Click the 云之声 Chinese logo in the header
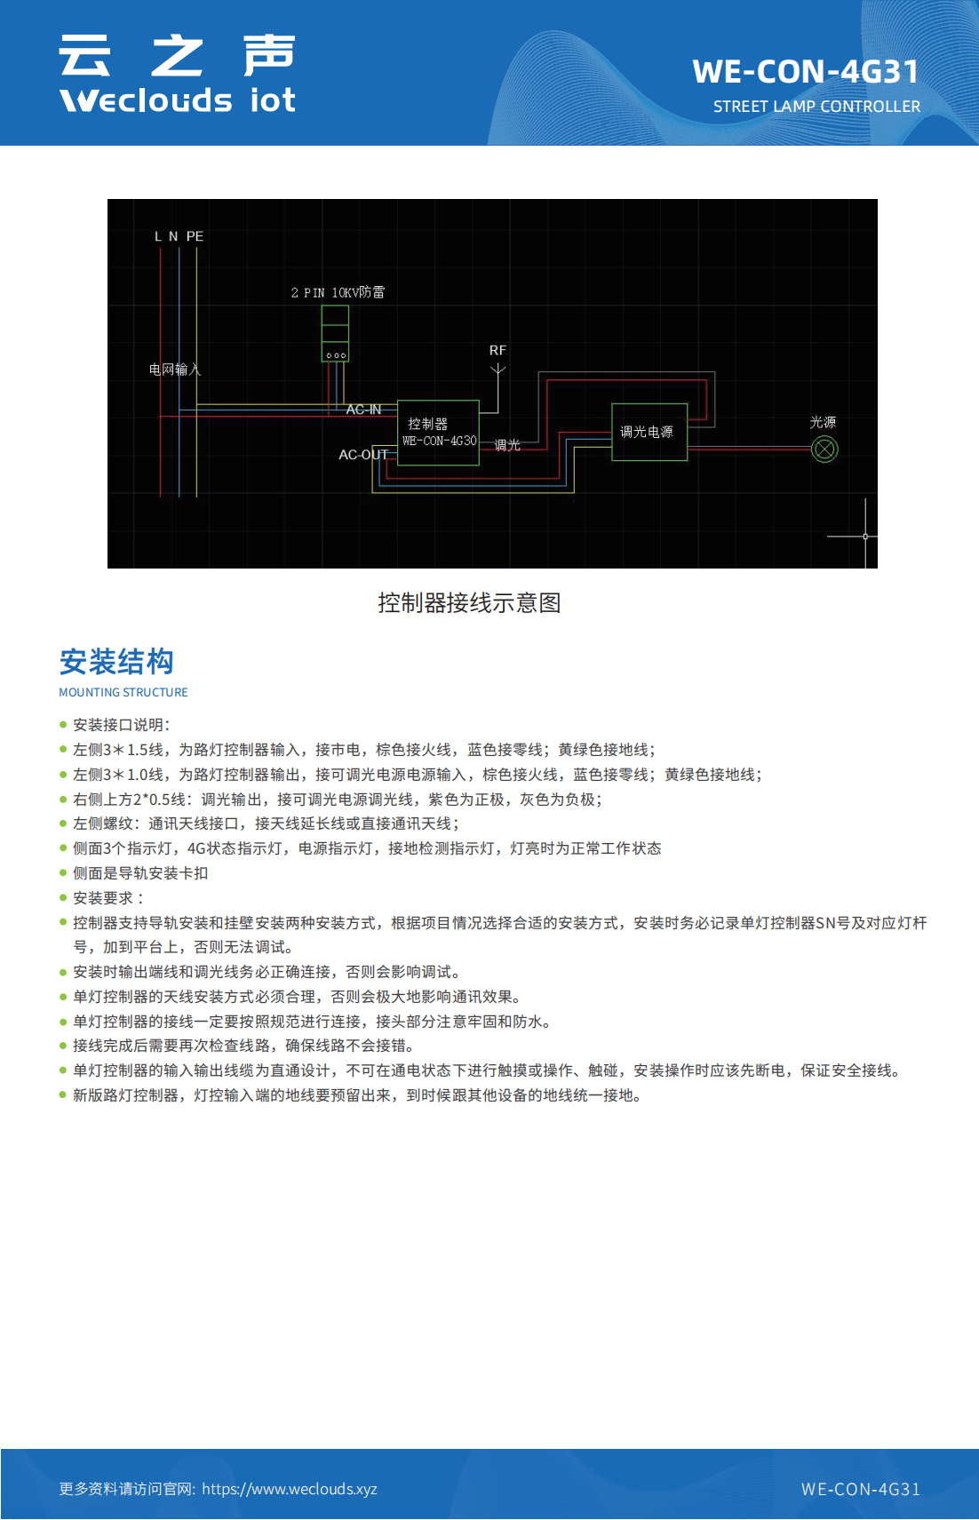[x=177, y=55]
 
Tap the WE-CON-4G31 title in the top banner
[x=805, y=72]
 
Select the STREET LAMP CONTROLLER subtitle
[x=816, y=107]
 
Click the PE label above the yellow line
[x=195, y=236]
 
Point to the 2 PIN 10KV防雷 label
[x=338, y=292]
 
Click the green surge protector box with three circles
[x=335, y=333]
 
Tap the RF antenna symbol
[x=498, y=370]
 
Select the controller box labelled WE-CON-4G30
[x=438, y=433]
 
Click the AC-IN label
[x=363, y=410]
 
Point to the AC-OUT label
[x=363, y=455]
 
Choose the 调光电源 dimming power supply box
[x=649, y=433]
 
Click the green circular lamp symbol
[x=825, y=450]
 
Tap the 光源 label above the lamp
[x=823, y=422]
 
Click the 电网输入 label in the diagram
[x=174, y=370]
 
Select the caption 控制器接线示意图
[x=469, y=602]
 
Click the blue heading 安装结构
[x=116, y=662]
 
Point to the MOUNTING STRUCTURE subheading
[x=123, y=692]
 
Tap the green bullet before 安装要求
[x=63, y=898]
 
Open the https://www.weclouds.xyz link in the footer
[x=290, y=1489]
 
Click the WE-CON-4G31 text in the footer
[x=861, y=1489]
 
